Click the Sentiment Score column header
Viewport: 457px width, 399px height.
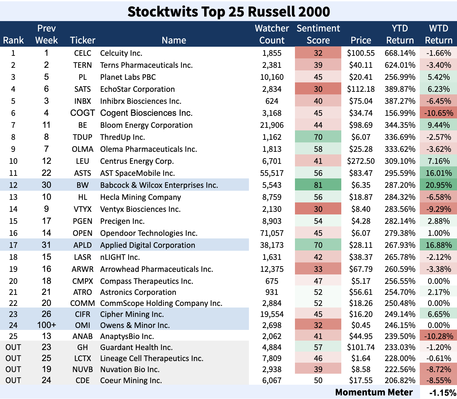318,34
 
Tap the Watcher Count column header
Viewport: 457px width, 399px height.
272,34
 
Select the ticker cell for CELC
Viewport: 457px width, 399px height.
83,53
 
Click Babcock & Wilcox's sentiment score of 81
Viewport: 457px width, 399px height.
318,185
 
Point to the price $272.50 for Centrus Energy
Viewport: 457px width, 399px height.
361,161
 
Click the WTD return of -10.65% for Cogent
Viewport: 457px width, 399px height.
439,113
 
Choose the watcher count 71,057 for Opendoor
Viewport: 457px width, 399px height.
272,233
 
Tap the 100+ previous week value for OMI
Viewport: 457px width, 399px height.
46,325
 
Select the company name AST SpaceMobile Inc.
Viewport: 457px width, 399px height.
137,173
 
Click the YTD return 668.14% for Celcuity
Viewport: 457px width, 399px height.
400,53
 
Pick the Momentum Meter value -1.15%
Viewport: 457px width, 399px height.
442,393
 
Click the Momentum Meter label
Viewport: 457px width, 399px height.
374,393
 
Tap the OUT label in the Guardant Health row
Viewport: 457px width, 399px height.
13,347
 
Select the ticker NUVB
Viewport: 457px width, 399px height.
83,369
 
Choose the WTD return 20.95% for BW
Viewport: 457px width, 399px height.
439,185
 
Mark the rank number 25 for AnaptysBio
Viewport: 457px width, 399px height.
13,336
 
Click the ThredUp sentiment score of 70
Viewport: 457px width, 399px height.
318,137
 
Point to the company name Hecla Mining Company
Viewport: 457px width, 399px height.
140,197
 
